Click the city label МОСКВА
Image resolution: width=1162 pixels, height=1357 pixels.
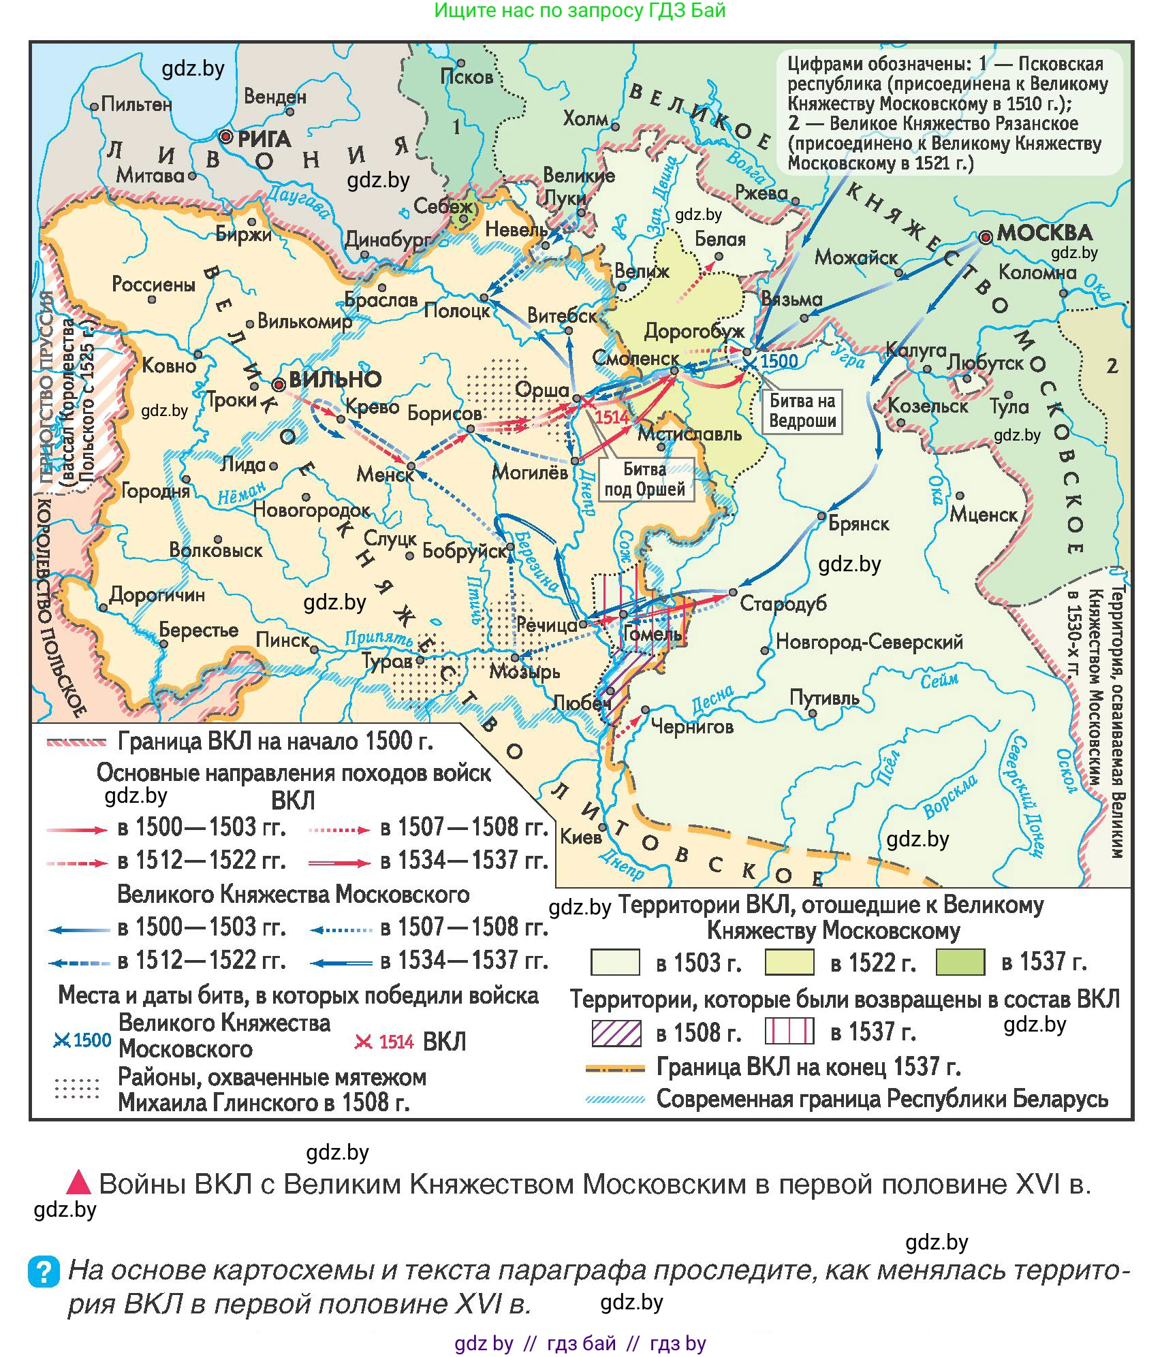click(1043, 234)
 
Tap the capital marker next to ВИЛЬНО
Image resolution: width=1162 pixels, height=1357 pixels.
click(278, 385)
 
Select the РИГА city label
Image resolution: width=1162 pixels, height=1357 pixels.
click(264, 140)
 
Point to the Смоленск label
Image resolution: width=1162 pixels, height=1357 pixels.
click(635, 358)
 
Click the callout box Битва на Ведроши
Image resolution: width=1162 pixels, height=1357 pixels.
click(802, 411)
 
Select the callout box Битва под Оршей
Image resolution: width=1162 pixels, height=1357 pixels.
click(644, 479)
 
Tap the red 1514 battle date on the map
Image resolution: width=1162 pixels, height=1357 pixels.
click(612, 417)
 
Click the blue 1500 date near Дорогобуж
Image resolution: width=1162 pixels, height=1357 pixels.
click(779, 361)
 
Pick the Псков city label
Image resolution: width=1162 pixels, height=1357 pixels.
click(467, 77)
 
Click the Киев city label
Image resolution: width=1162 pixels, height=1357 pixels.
click(580, 837)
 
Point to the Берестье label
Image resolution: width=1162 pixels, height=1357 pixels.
click(198, 630)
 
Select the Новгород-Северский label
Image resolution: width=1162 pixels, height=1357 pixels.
click(869, 641)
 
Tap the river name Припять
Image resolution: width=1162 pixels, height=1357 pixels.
click(379, 639)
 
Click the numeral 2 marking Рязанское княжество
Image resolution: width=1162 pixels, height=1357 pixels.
click(1112, 366)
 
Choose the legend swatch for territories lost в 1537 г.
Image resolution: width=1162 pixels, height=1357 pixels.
click(960, 962)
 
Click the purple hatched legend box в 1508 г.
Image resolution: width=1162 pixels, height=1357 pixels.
click(616, 1032)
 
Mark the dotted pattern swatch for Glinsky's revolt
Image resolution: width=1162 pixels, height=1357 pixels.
click(77, 1089)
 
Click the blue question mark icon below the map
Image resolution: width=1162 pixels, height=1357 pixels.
click(44, 1271)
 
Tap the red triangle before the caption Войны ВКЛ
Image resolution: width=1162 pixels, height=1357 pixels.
click(78, 1183)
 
